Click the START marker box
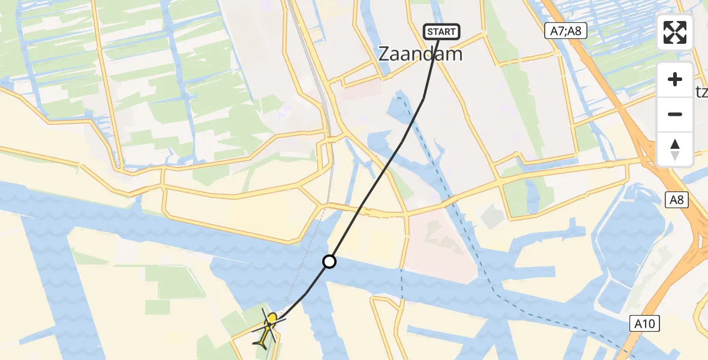pyautogui.click(x=442, y=32)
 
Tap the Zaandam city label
pyautogui.click(x=421, y=54)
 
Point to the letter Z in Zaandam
pyautogui.click(x=385, y=55)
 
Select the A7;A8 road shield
pyautogui.click(x=566, y=32)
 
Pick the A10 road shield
pyautogui.click(x=645, y=324)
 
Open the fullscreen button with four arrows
pyautogui.click(x=675, y=32)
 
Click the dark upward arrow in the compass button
pyautogui.click(x=675, y=144)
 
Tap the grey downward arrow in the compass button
pyautogui.click(x=675, y=156)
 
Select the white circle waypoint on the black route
pyautogui.click(x=329, y=262)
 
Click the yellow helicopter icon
pyautogui.click(x=267, y=330)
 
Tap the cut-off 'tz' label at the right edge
pyautogui.click(x=701, y=89)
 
